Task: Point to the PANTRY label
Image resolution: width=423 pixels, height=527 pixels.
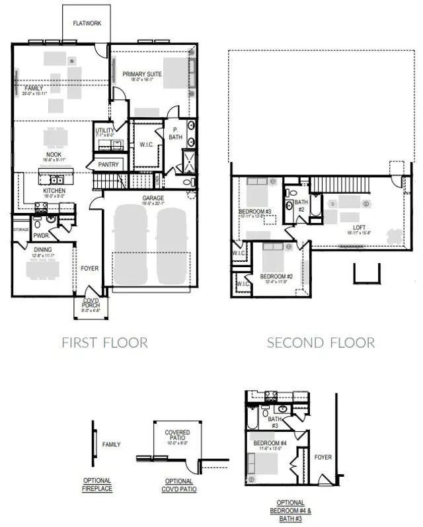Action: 108,164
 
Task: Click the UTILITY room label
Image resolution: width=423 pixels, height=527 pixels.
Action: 104,131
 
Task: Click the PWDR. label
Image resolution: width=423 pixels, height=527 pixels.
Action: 42,234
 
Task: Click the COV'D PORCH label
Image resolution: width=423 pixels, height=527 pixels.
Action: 90,304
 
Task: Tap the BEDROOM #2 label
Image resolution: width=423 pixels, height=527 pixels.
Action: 276,276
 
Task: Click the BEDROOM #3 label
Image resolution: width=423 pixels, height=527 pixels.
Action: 251,212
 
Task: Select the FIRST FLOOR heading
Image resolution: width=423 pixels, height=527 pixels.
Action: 104,343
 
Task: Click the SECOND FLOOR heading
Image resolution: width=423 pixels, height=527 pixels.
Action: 321,343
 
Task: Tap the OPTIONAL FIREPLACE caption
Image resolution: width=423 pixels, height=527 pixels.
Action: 97,484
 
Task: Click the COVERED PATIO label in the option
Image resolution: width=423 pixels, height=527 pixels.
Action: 177,435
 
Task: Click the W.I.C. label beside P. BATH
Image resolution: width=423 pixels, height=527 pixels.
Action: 146,143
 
